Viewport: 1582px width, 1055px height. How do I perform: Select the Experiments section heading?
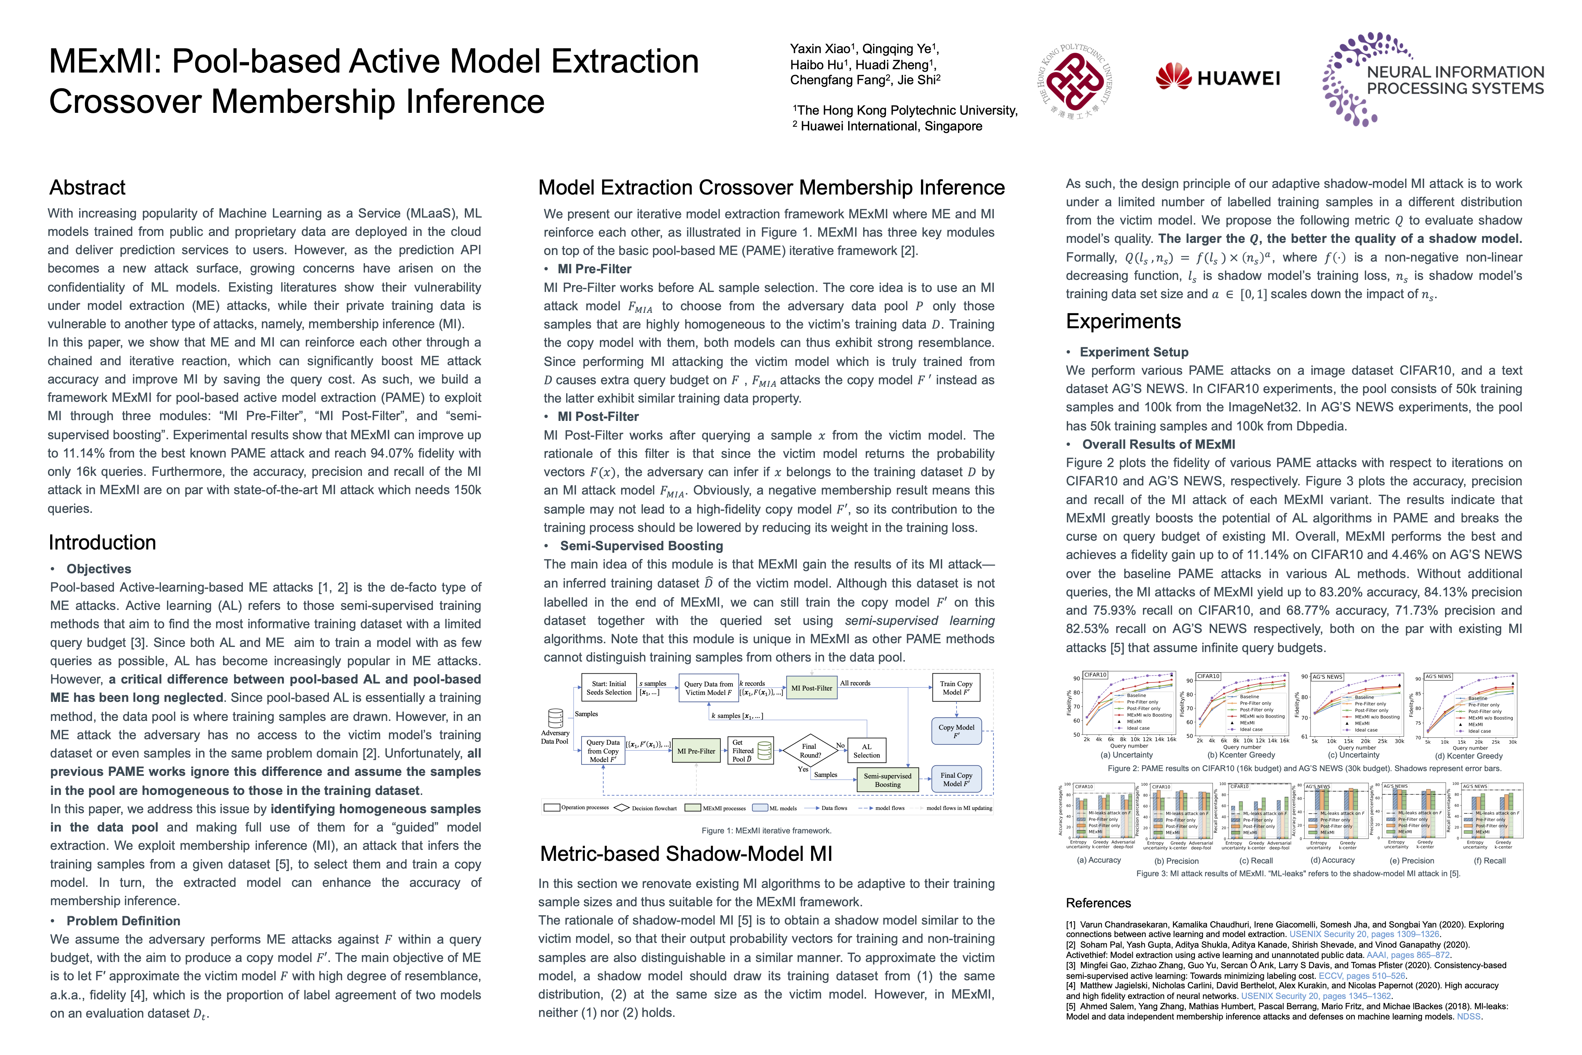[1123, 322]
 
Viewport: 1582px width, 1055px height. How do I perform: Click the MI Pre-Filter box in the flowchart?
[696, 751]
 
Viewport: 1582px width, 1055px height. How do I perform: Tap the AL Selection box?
[866, 751]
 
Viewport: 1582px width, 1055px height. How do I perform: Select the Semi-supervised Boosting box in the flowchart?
[887, 780]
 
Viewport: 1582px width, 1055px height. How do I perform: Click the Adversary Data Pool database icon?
[556, 719]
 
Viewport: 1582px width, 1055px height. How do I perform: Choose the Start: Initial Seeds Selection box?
[609, 688]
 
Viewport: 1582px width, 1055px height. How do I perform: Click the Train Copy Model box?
[956, 688]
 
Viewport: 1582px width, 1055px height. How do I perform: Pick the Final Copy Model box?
[956, 779]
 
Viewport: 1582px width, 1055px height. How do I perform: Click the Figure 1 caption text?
[766, 831]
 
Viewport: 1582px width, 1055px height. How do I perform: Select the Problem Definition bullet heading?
[123, 921]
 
